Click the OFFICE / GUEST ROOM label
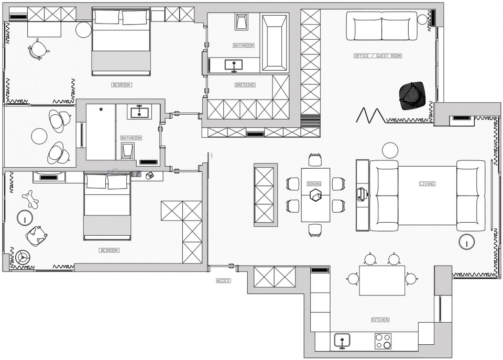tap(378, 56)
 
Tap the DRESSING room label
tap(245, 85)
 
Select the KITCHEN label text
tap(380, 320)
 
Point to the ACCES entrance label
tap(223, 281)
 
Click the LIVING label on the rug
tap(427, 184)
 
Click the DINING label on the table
tap(314, 184)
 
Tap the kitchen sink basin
tap(342, 341)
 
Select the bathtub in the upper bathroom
tap(274, 42)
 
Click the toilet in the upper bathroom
tap(242, 22)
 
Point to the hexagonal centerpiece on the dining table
tap(315, 195)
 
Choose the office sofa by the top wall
tap(382, 27)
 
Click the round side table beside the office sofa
tap(422, 20)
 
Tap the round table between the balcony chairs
tap(39, 136)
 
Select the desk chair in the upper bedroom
tap(38, 49)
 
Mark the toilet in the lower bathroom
tap(127, 151)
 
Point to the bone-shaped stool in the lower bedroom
tap(31, 199)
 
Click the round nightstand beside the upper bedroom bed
tap(84, 29)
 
